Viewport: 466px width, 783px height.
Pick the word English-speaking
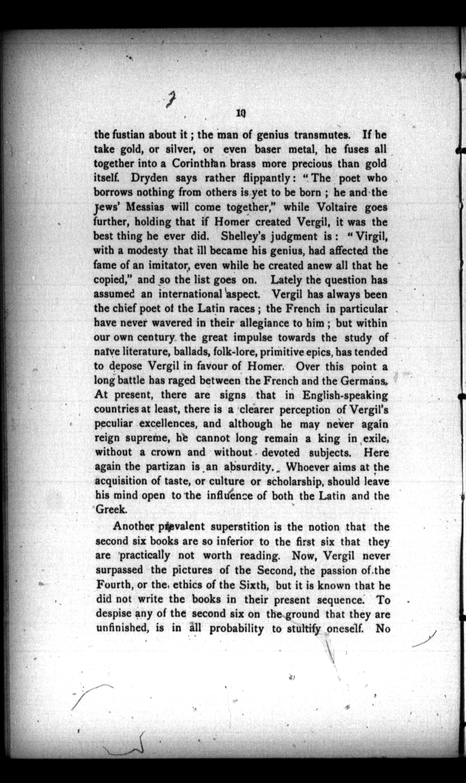pos(345,395)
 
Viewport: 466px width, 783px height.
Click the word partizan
pos(166,467)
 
